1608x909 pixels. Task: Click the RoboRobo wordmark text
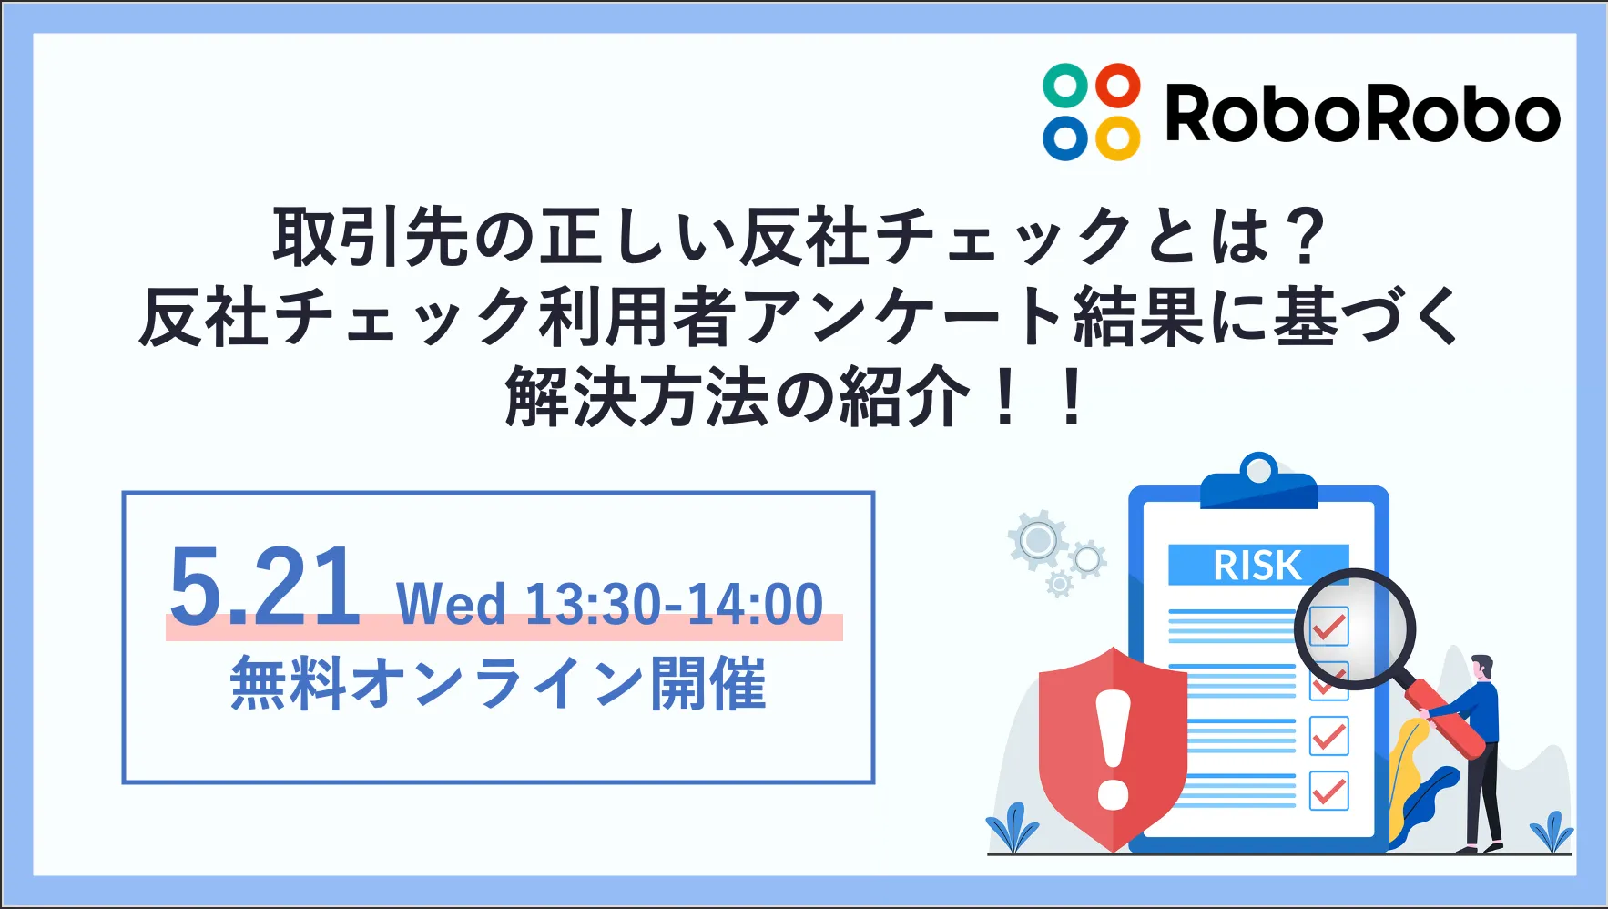point(1363,114)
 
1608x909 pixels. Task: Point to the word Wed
point(451,604)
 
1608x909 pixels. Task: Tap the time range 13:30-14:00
point(675,604)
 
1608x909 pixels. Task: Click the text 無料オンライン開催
point(498,683)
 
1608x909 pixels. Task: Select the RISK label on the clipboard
point(1257,566)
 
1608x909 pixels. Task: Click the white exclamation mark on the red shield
point(1113,749)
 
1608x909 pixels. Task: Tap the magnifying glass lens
point(1355,628)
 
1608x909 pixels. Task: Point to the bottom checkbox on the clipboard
point(1328,790)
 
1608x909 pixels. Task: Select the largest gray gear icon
point(1038,541)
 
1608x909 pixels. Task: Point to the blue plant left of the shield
point(1013,829)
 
